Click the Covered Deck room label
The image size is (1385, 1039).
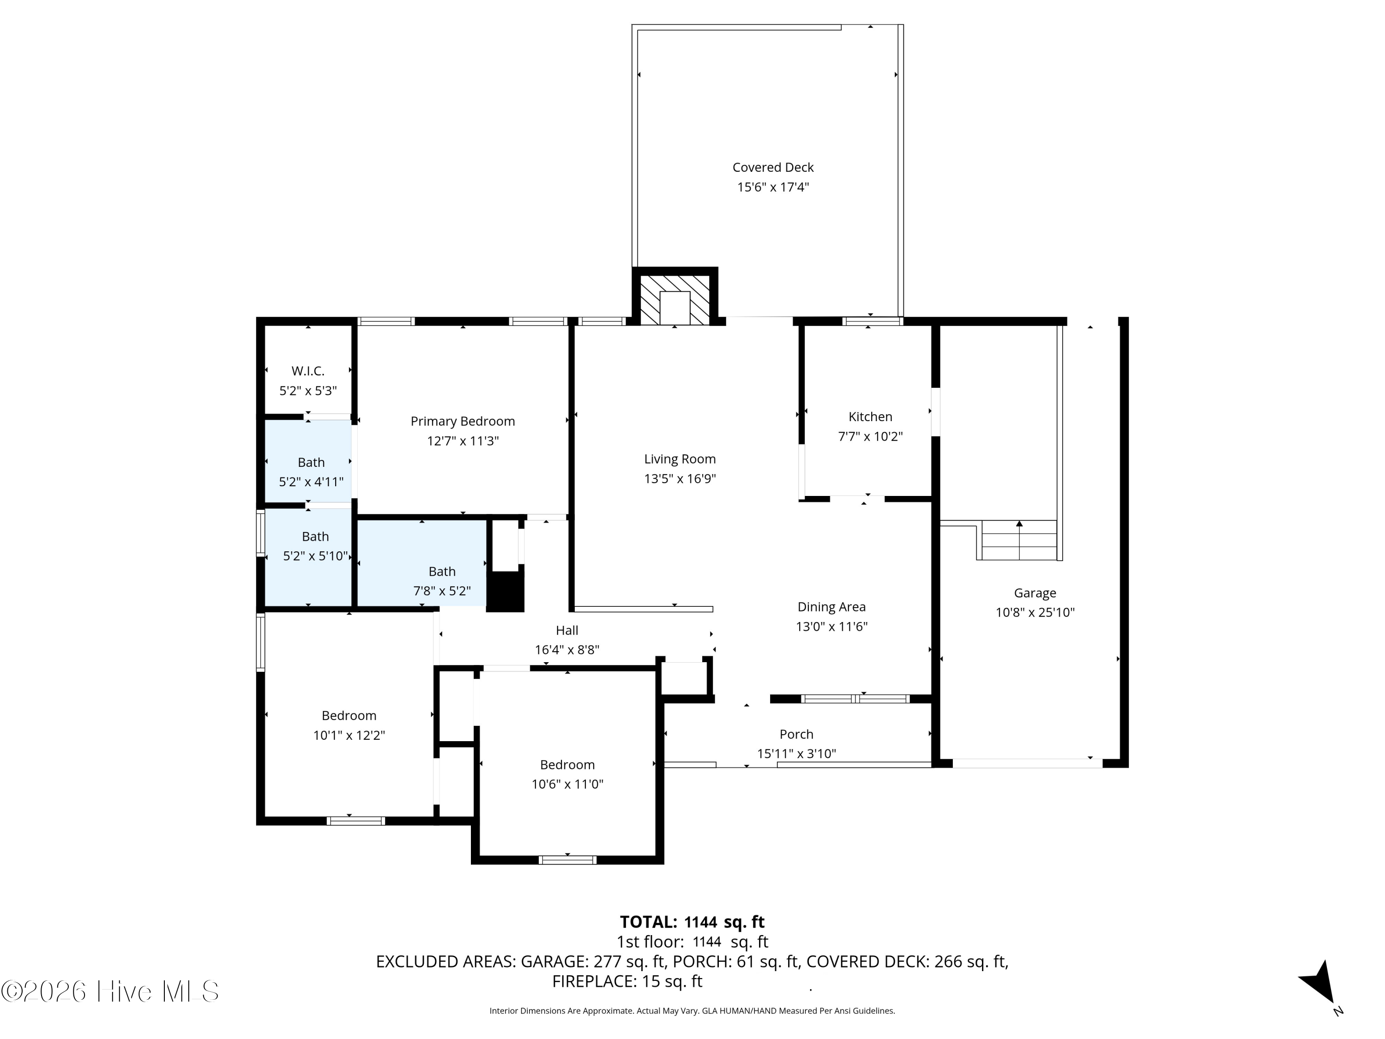pyautogui.click(x=773, y=167)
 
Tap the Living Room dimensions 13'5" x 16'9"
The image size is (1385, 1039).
pyautogui.click(x=680, y=478)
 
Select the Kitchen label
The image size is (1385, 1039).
pyautogui.click(x=870, y=417)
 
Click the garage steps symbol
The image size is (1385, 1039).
pyautogui.click(x=1019, y=540)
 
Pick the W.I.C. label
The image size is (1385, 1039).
pyautogui.click(x=307, y=371)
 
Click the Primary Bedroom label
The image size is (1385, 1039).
pyautogui.click(x=462, y=422)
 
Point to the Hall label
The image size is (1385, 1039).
pyautogui.click(x=566, y=630)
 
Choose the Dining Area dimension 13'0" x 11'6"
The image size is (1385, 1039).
pyautogui.click(x=831, y=626)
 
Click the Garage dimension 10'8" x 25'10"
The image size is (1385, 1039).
pyautogui.click(x=1035, y=612)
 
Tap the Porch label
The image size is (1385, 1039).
pyautogui.click(x=796, y=734)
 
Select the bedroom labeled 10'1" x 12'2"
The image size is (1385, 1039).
pyautogui.click(x=349, y=715)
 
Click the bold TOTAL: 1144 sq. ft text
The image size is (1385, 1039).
pyautogui.click(x=692, y=922)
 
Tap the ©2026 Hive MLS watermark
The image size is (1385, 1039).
pyautogui.click(x=110, y=991)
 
